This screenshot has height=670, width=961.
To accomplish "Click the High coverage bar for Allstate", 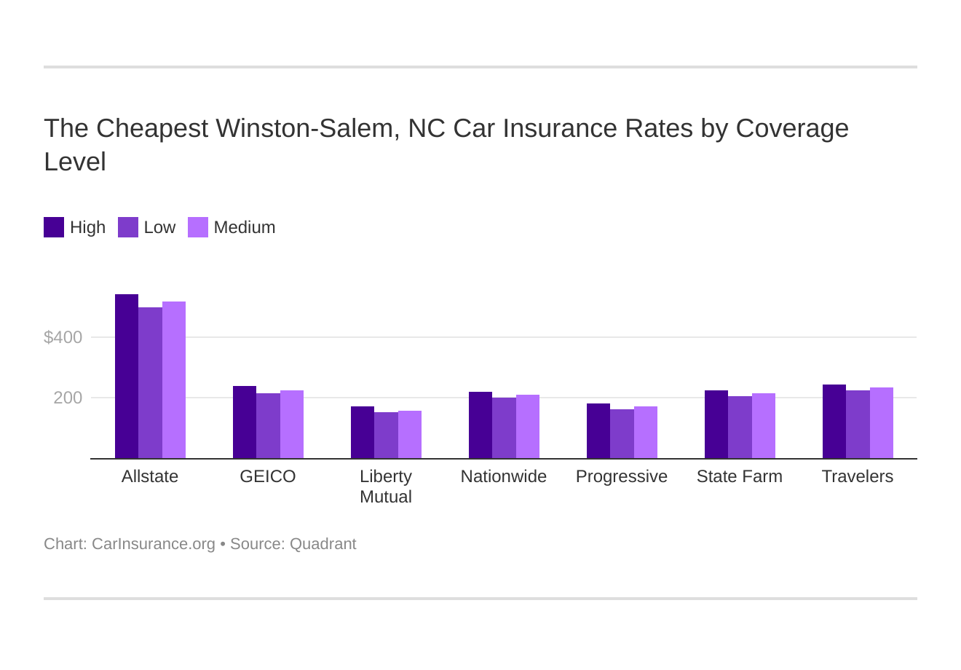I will pyautogui.click(x=127, y=377).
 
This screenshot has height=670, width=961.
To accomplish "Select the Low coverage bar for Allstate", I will pyautogui.click(x=150, y=383).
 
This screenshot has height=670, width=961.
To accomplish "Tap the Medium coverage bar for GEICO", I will pyautogui.click(x=292, y=425).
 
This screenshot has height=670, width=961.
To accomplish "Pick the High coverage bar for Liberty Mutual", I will pyautogui.click(x=363, y=433).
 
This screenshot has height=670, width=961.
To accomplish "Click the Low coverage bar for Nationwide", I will pyautogui.click(x=504, y=428).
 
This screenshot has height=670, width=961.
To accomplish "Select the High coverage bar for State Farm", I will pyautogui.click(x=716, y=425).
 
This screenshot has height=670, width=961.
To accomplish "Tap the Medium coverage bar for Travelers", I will pyautogui.click(x=882, y=423).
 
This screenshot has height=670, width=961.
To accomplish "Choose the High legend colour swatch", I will pyautogui.click(x=54, y=227).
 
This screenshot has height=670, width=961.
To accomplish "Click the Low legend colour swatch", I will pyautogui.click(x=128, y=227).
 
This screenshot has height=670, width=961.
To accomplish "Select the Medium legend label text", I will pyautogui.click(x=245, y=227).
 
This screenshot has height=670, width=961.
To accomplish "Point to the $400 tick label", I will pyautogui.click(x=63, y=337).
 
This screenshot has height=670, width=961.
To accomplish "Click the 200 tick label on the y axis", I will pyautogui.click(x=68, y=398).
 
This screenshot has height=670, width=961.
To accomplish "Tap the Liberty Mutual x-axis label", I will pyautogui.click(x=386, y=486).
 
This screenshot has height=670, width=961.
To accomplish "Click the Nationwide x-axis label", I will pyautogui.click(x=504, y=476).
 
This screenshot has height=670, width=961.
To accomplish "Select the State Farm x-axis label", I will pyautogui.click(x=740, y=476).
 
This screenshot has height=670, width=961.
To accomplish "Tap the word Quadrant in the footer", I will pyautogui.click(x=323, y=544).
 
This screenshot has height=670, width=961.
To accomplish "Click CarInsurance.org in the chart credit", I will pyautogui.click(x=154, y=544).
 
